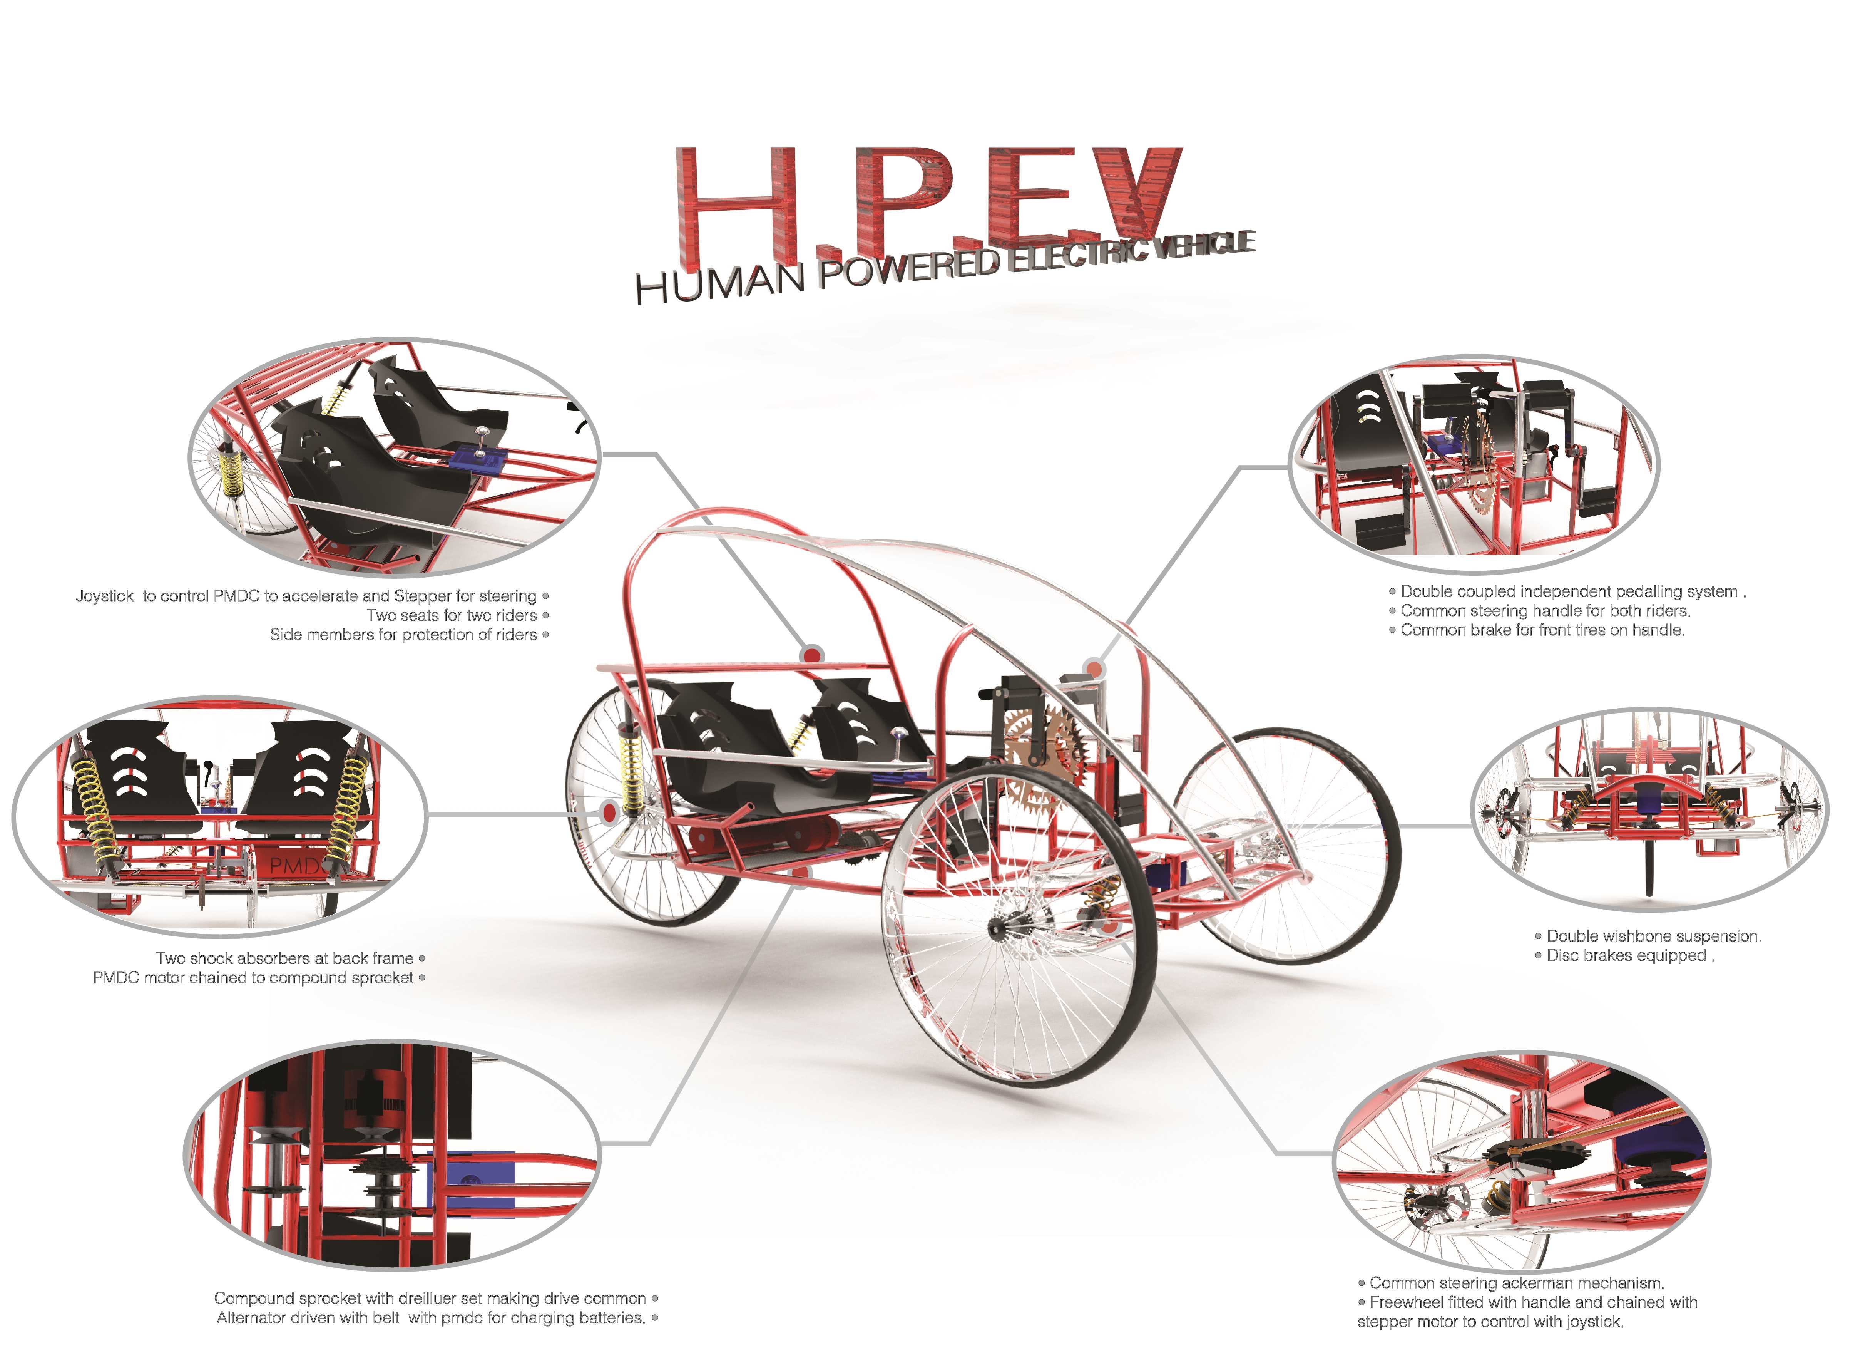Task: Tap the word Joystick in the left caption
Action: click(105, 596)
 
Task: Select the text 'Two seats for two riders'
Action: click(452, 615)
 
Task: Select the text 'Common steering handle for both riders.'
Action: click(1545, 611)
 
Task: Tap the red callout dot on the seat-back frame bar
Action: click(812, 655)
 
